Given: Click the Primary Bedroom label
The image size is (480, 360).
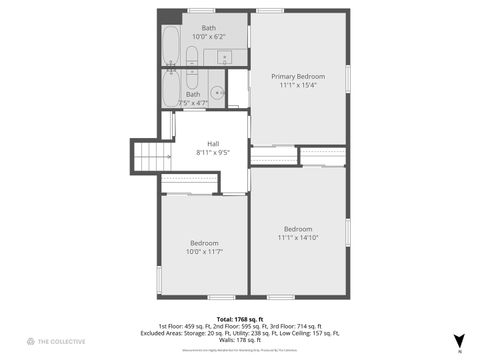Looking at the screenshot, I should [x=297, y=76].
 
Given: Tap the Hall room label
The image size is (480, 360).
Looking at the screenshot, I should [x=213, y=143].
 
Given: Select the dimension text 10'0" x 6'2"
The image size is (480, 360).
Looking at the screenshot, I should [x=208, y=36].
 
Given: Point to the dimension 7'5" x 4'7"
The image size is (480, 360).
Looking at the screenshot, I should [x=193, y=102].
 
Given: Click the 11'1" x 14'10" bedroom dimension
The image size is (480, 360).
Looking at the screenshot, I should [x=297, y=237].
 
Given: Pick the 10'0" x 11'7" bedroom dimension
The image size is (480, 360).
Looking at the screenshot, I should [x=205, y=251].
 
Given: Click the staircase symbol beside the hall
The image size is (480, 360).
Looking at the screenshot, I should [x=146, y=156].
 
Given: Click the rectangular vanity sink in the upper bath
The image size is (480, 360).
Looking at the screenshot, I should [x=218, y=57].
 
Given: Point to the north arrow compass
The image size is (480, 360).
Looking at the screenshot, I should [x=459, y=340].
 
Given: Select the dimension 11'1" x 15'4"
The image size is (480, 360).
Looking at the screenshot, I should [x=297, y=85].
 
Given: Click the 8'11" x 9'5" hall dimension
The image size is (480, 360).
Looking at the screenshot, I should [x=213, y=152].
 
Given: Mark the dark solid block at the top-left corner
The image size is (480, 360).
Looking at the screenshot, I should [x=170, y=16].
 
